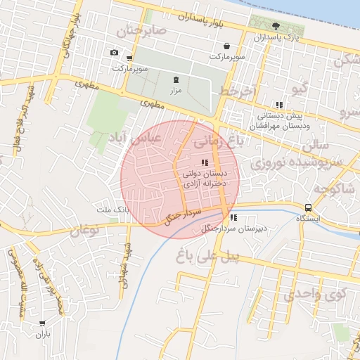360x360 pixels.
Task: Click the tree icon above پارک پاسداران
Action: tap(275, 26)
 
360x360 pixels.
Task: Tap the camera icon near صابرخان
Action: tap(114, 53)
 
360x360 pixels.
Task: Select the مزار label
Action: tap(175, 91)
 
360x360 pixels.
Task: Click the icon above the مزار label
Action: tap(175, 79)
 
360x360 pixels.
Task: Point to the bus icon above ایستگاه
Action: tap(308, 207)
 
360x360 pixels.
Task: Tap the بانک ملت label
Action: tap(112, 210)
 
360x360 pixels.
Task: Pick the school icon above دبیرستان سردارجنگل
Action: tap(233, 217)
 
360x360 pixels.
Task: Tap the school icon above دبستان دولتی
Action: tap(205, 162)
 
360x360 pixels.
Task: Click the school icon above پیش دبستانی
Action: tap(279, 105)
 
